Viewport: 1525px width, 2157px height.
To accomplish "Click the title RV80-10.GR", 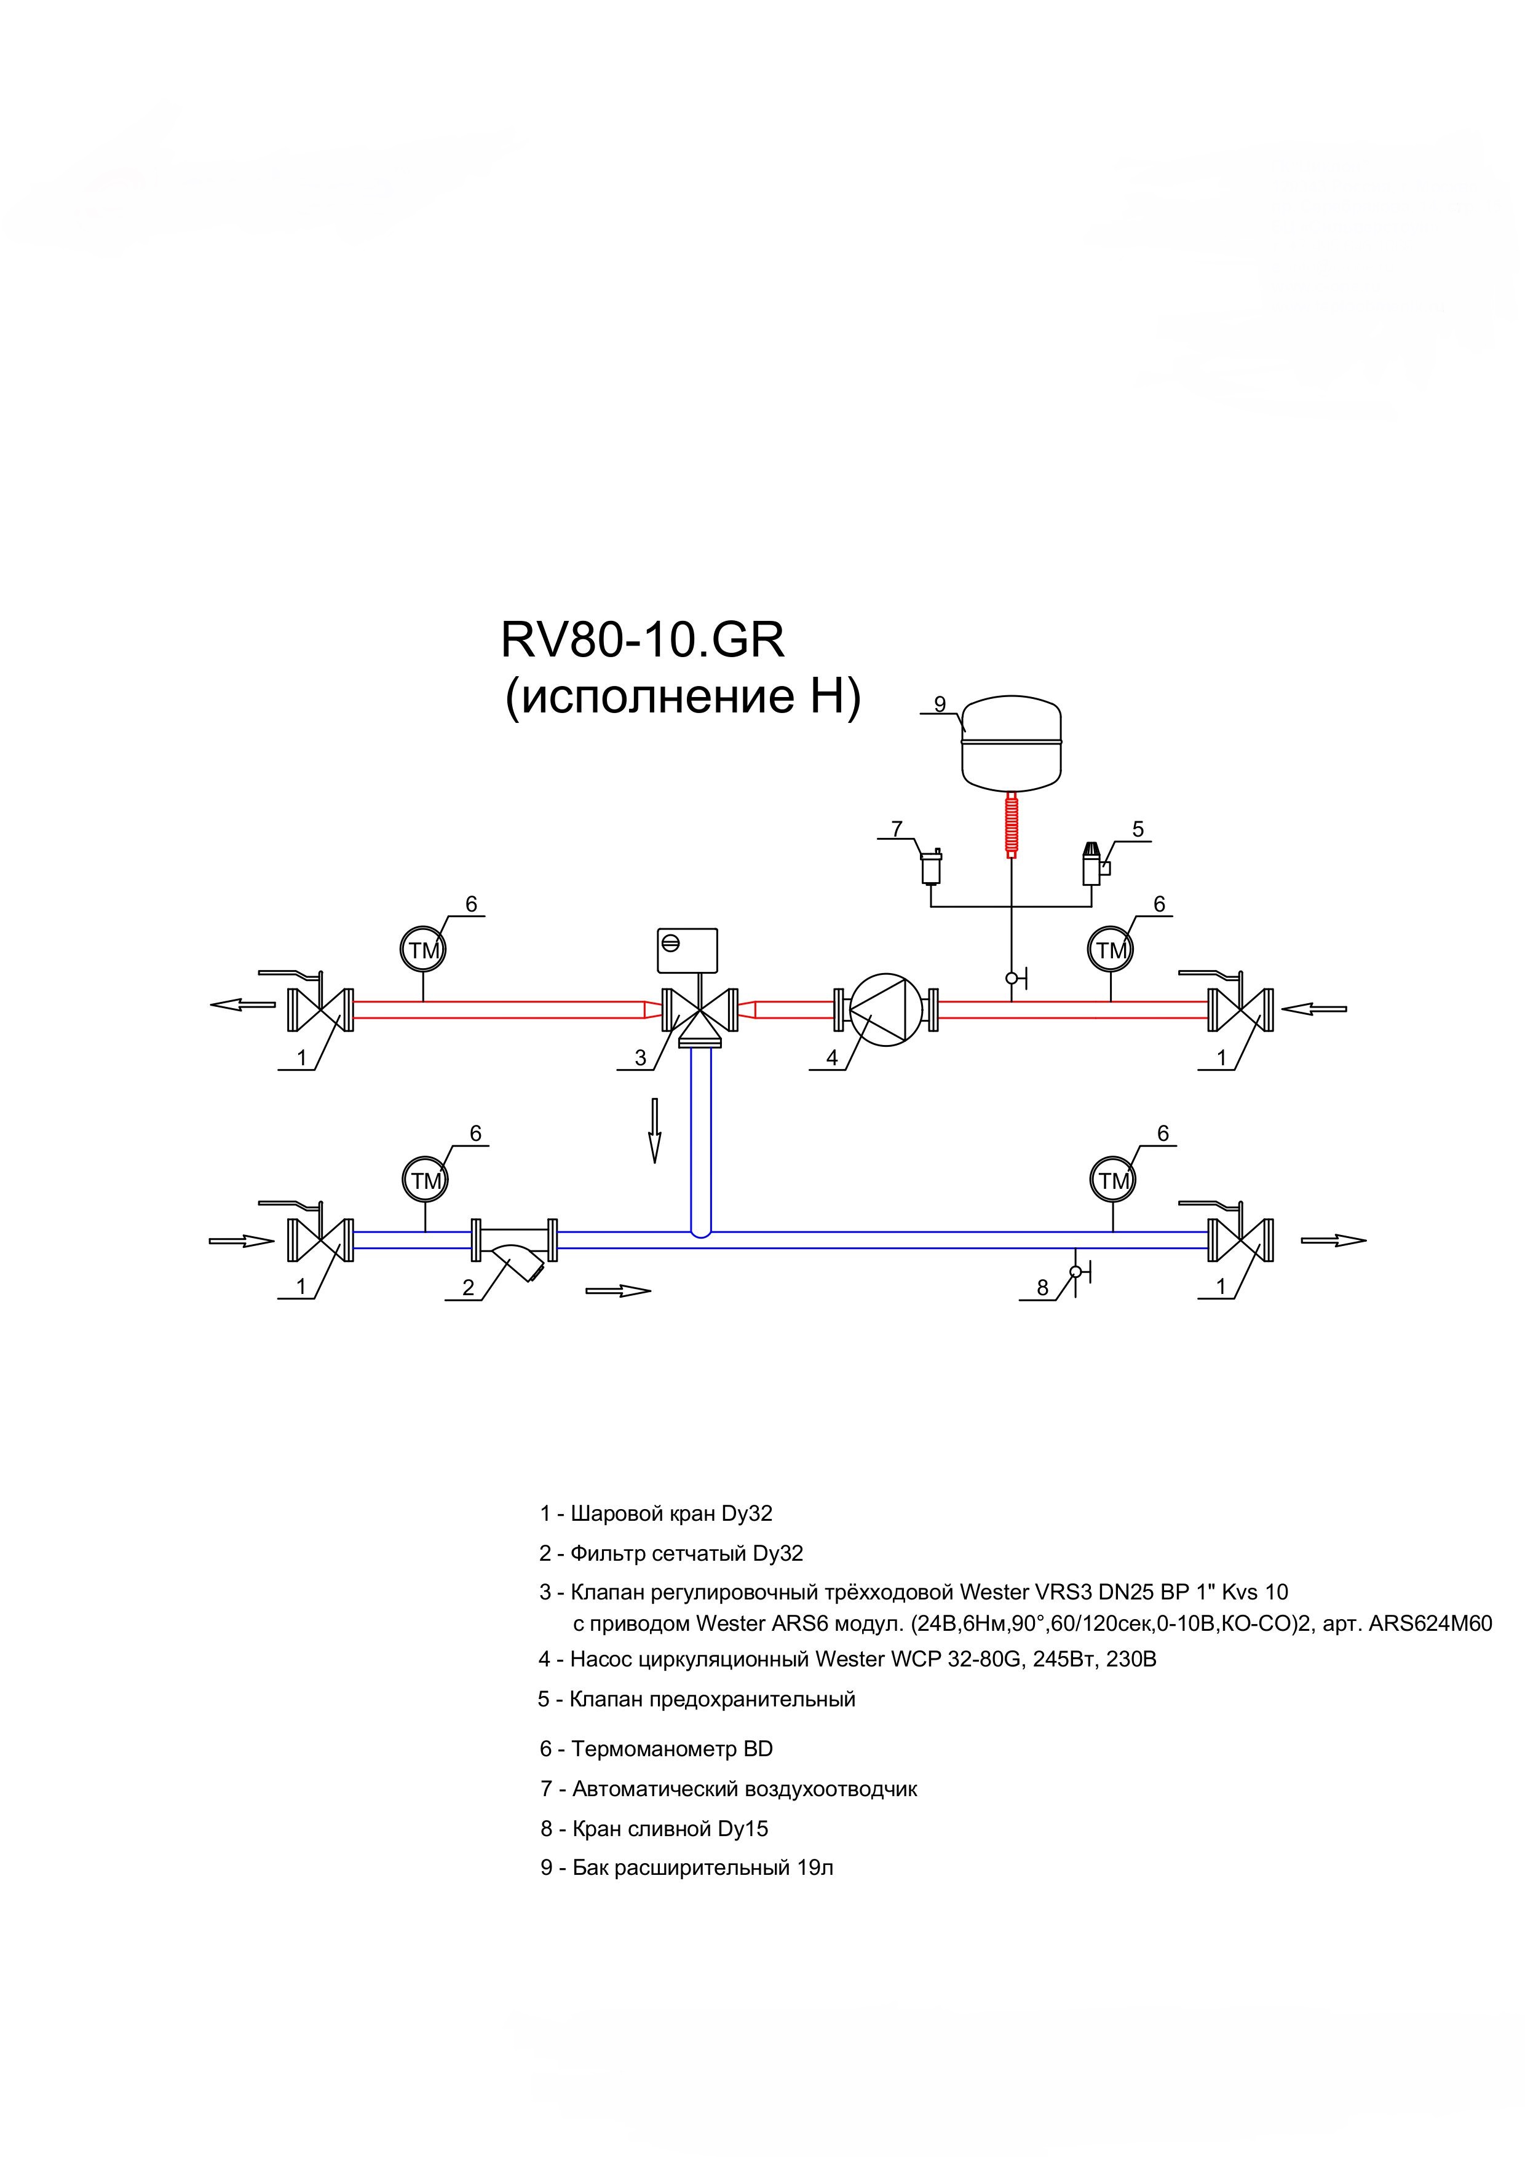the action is pyautogui.click(x=643, y=641).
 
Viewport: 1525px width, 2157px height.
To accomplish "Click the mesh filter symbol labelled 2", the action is pyautogui.click(x=513, y=1250).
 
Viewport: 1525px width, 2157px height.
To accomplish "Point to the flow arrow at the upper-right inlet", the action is pyautogui.click(x=1313, y=1009).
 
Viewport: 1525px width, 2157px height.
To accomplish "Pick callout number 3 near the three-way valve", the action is pyautogui.click(x=641, y=1058).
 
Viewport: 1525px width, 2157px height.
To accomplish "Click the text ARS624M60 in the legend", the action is pyautogui.click(x=1430, y=1650).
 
